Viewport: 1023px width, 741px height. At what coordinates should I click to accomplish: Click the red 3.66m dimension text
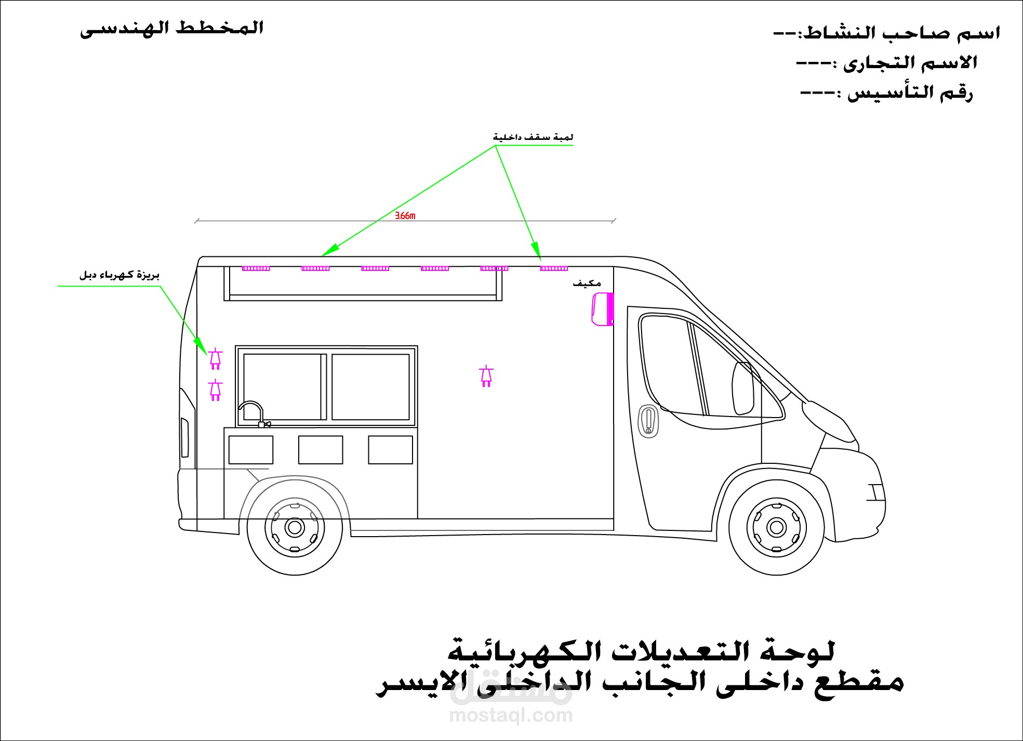[x=405, y=215]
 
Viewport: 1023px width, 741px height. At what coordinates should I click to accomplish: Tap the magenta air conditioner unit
[x=602, y=309]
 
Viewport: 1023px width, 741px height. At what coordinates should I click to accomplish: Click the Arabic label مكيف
[x=587, y=283]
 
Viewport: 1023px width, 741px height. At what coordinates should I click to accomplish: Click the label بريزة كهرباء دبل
[x=119, y=275]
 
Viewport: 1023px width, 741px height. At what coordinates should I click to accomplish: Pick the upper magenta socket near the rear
[x=215, y=358]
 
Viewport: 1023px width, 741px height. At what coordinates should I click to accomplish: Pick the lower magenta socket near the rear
[x=215, y=390]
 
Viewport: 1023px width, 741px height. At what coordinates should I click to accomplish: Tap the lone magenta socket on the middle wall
[x=486, y=376]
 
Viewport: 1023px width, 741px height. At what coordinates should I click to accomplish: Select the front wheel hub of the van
[x=776, y=527]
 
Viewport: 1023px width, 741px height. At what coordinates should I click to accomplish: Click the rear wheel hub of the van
[x=294, y=527]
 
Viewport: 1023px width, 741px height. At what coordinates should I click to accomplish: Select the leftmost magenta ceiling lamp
[x=256, y=268]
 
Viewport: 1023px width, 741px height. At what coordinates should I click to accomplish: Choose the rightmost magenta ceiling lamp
[x=554, y=268]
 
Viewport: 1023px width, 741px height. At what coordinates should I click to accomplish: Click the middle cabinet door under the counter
[x=320, y=450]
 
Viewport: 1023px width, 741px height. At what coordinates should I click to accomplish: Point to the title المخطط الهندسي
[x=171, y=29]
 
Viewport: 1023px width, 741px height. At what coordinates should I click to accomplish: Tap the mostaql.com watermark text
[x=511, y=716]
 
